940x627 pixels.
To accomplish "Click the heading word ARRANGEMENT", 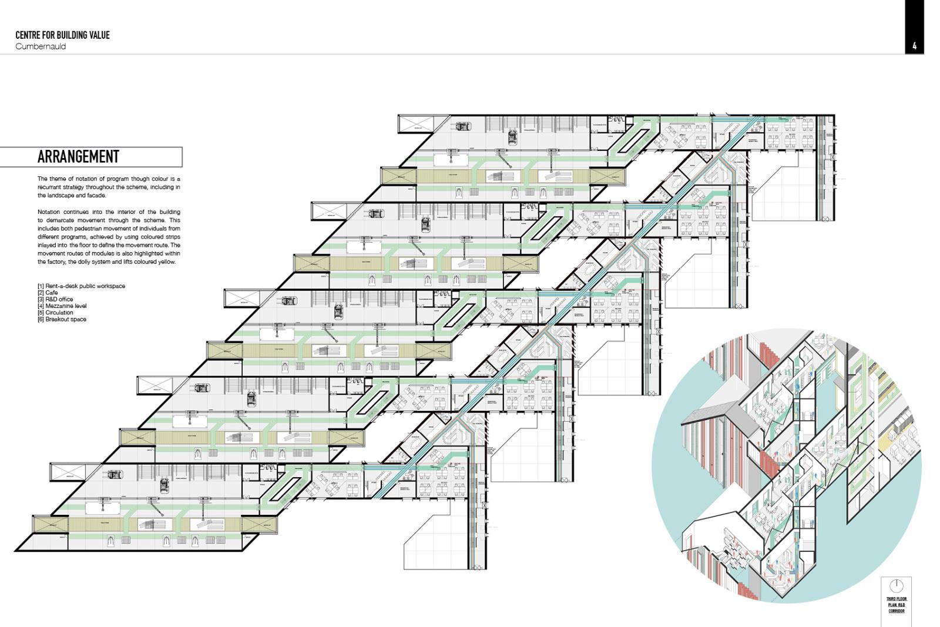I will [78, 157].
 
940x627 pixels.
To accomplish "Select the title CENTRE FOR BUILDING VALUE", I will [62, 35].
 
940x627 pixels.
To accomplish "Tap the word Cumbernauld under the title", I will [41, 46].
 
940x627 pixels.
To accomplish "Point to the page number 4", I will [914, 46].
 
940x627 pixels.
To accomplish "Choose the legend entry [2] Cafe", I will [48, 293].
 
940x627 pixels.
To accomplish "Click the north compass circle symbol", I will [896, 586].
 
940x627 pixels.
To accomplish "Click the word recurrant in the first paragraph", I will [51, 187].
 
